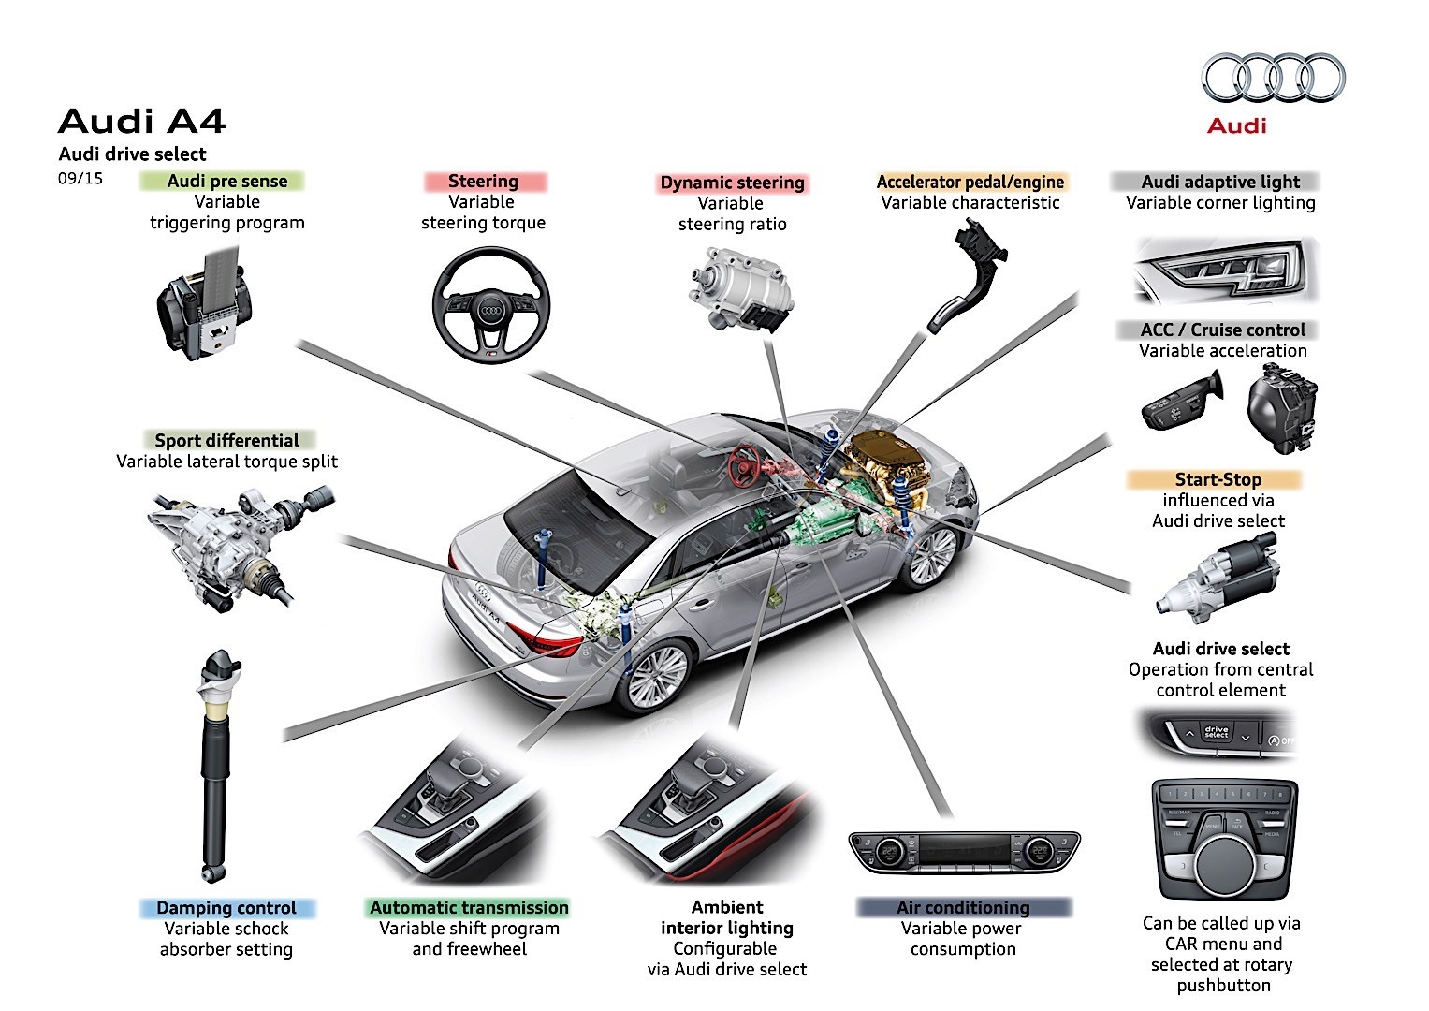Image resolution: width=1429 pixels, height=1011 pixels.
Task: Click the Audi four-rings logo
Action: click(x=1274, y=78)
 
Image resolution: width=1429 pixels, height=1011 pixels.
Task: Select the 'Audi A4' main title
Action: click(x=141, y=122)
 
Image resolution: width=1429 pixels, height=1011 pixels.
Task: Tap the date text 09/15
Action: click(x=80, y=177)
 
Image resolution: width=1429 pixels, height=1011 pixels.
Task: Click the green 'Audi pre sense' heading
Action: click(x=226, y=181)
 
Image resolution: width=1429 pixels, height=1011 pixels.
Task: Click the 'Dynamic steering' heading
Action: click(x=732, y=183)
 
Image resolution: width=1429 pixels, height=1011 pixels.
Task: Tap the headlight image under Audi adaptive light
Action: click(x=1225, y=271)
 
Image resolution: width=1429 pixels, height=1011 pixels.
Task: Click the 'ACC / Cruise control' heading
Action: click(x=1222, y=330)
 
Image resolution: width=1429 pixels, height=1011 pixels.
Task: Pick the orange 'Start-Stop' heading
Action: click(x=1218, y=479)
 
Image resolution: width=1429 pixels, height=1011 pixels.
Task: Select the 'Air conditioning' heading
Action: click(x=962, y=907)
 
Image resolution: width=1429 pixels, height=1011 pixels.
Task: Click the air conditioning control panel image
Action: click(x=964, y=852)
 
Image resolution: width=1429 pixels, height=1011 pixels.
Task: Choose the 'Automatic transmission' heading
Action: click(x=469, y=907)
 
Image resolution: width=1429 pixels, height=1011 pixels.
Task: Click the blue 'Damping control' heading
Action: click(x=226, y=908)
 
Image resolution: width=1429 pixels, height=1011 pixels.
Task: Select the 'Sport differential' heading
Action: click(x=226, y=440)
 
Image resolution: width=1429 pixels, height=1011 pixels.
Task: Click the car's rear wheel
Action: click(x=656, y=675)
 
